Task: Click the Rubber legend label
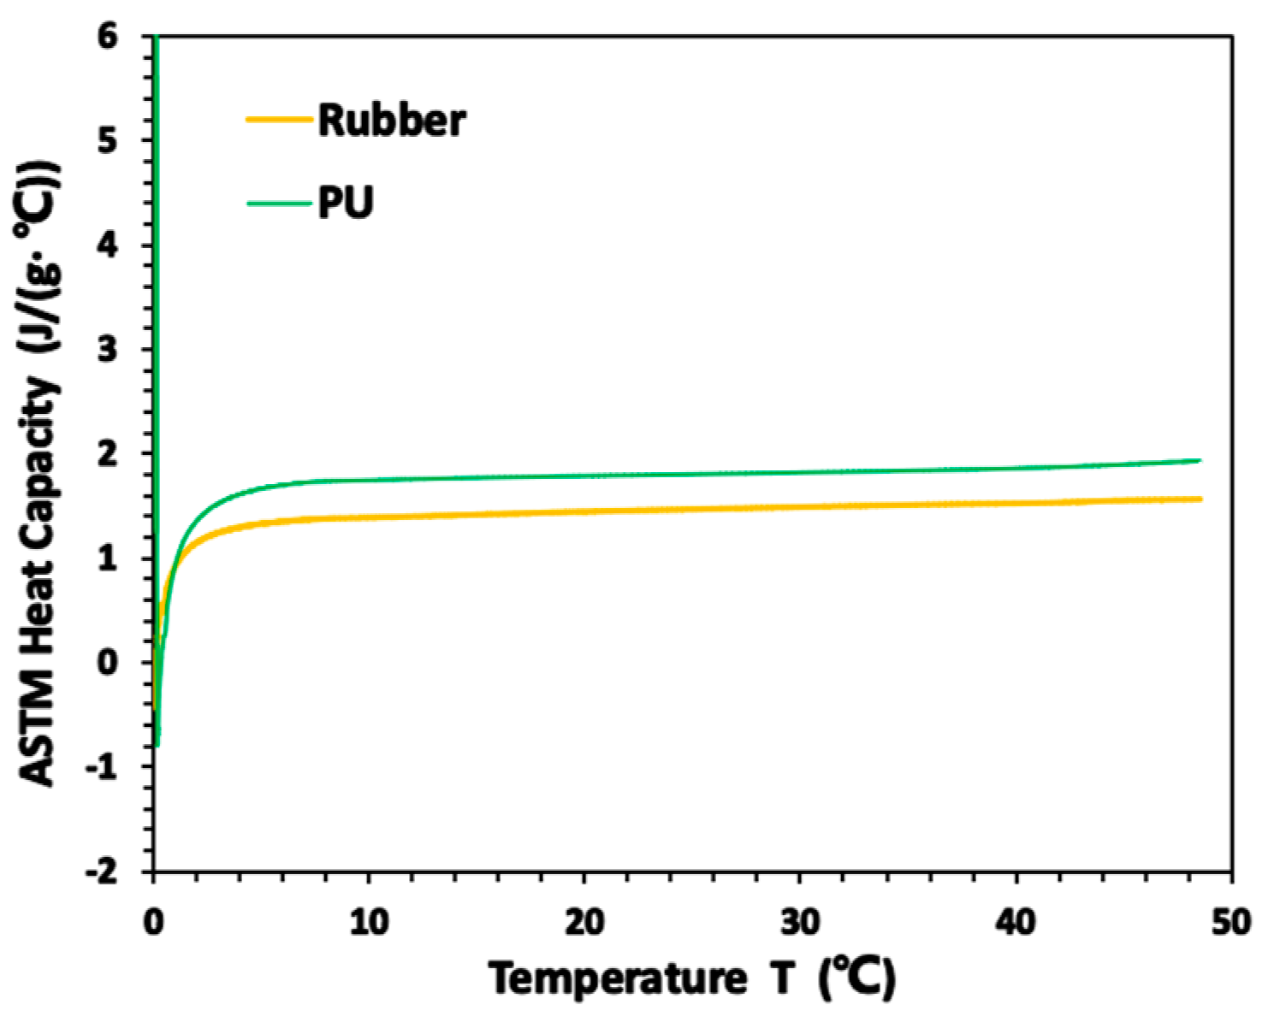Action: (x=392, y=121)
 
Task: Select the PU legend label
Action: (x=346, y=204)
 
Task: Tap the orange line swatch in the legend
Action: (x=279, y=120)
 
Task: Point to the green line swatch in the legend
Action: (x=279, y=204)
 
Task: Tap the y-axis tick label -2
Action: (x=103, y=871)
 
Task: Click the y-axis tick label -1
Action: (x=103, y=766)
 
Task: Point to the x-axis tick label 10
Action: (x=368, y=924)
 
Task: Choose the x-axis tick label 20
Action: (x=584, y=924)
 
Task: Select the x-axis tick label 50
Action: (x=1231, y=924)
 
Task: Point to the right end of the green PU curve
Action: (x=1200, y=460)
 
